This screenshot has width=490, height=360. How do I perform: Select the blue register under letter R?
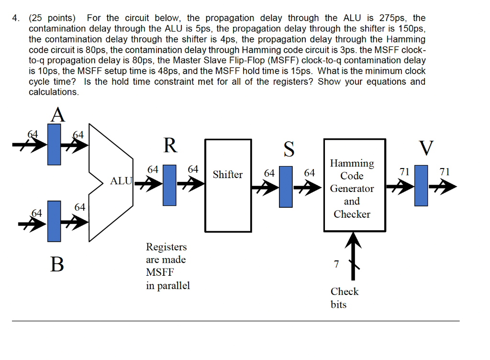(169, 185)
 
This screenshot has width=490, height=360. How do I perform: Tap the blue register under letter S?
(286, 186)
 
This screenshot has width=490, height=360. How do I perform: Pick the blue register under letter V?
(421, 186)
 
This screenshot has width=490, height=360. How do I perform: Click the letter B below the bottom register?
(57, 264)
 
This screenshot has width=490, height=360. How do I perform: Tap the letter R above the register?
(170, 145)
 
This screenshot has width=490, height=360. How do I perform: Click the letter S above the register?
(289, 148)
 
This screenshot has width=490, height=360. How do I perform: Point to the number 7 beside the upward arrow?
(336, 264)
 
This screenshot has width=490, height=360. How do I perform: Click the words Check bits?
(344, 298)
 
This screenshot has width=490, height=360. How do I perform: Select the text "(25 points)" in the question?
(52, 18)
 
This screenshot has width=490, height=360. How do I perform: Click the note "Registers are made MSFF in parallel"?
(167, 266)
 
